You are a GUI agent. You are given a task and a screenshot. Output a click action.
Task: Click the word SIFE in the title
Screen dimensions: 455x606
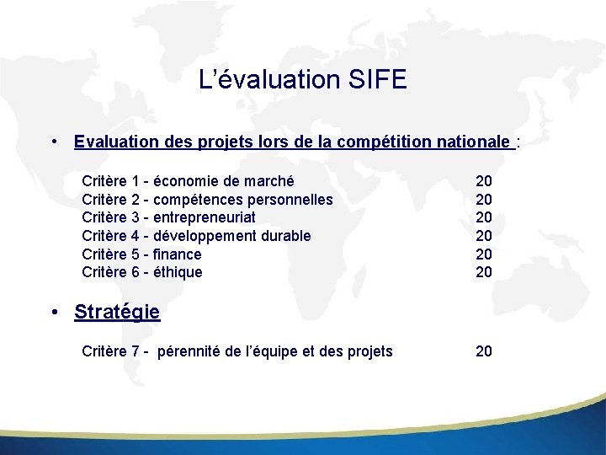375,80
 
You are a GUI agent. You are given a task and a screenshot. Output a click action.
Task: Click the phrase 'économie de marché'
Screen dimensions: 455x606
224,181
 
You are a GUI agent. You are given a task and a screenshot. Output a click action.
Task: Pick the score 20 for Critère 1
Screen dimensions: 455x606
484,181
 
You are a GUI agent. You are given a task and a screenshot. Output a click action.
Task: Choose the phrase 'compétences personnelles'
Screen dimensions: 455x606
243,200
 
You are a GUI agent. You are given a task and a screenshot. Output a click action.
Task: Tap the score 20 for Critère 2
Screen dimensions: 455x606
484,200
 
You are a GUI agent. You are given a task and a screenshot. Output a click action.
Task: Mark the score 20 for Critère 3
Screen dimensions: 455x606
484,217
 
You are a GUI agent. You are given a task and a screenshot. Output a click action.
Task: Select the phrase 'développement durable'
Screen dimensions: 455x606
232,236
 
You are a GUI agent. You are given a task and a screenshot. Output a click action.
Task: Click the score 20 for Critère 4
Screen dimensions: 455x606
484,236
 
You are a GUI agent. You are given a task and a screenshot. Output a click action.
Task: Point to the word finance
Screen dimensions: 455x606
178,254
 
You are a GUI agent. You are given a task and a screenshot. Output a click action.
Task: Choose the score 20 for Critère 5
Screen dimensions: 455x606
484,254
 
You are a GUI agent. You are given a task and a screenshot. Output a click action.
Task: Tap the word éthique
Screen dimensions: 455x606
178,272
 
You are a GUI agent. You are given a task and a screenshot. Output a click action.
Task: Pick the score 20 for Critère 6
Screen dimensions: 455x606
484,272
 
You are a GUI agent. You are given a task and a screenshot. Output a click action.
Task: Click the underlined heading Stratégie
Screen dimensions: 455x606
117,312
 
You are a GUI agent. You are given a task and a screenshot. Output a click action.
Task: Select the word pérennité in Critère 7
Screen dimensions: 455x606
191,351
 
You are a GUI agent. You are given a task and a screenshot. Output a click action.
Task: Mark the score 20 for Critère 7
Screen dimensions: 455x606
484,351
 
